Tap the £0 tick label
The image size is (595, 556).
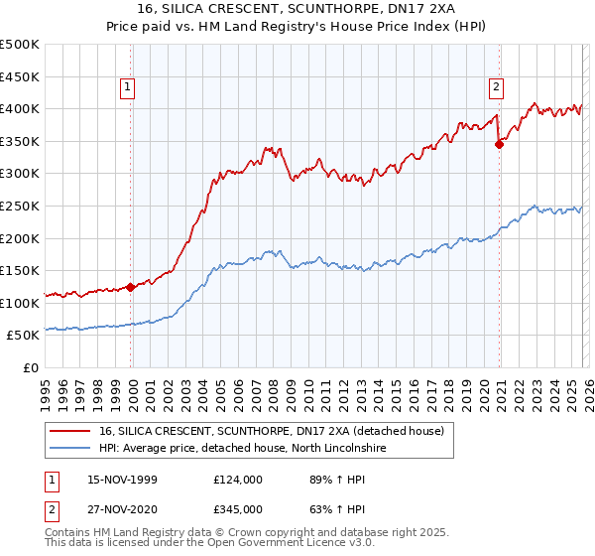30,367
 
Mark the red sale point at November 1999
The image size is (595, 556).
131,288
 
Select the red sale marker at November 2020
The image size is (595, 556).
499,144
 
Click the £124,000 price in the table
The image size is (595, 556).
237,480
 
